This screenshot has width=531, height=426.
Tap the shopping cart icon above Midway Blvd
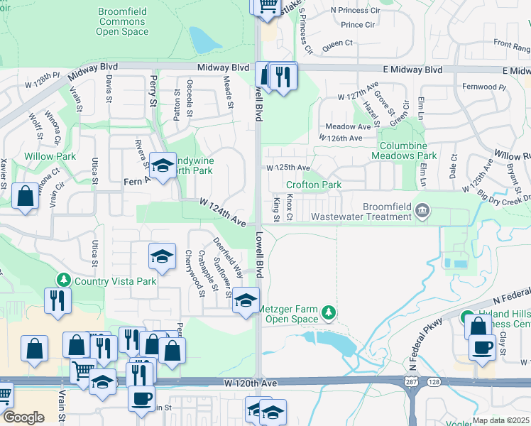[x=267, y=6]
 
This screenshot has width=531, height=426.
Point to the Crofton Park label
[x=313, y=185]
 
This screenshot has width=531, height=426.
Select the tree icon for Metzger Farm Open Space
[x=328, y=312]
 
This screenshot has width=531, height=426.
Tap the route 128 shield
[x=434, y=382]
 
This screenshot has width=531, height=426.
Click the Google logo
[x=23, y=417]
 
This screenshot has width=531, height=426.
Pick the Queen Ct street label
[x=337, y=43]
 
